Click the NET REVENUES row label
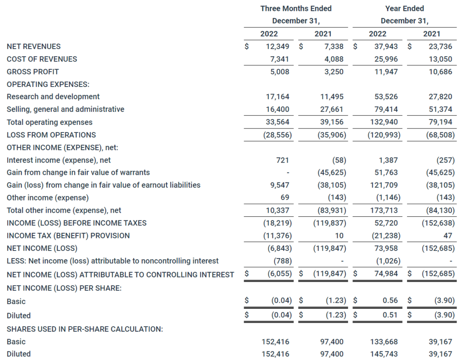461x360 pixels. coord(34,46)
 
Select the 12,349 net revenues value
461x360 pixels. coord(278,46)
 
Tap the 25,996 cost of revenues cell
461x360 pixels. coord(386,59)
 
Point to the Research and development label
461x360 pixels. coord(53,96)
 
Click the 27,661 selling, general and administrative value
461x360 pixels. coord(332,109)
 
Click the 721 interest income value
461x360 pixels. coord(283,160)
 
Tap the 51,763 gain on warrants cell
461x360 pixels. coord(386,173)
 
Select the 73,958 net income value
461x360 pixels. coord(386,248)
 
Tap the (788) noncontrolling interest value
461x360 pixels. coord(282,261)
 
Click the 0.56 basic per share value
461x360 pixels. coord(390,301)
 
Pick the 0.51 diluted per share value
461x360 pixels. coord(390,315)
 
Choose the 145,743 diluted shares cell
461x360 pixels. coord(384,354)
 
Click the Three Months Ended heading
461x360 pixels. coord(296,9)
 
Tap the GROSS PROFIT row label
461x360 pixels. coord(33,72)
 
